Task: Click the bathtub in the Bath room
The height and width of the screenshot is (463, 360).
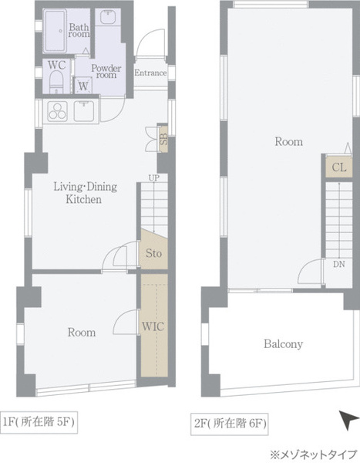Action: (x=55, y=31)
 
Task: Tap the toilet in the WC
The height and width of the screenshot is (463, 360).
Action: (x=56, y=82)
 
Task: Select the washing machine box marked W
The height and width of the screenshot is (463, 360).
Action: (x=83, y=86)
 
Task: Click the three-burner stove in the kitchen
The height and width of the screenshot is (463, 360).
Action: (x=57, y=111)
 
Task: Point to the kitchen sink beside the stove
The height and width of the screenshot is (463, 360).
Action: (x=84, y=111)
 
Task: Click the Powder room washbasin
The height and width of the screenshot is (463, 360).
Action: (x=108, y=17)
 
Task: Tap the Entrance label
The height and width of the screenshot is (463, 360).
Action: (x=150, y=73)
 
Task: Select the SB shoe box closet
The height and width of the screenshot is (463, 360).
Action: (x=163, y=139)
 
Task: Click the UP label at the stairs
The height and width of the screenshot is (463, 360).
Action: (x=153, y=177)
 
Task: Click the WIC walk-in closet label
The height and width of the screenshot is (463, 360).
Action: (x=153, y=326)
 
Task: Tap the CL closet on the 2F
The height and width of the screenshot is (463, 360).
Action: (x=338, y=167)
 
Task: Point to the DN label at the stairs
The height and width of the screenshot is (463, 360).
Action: (x=338, y=264)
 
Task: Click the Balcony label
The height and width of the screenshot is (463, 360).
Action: (x=283, y=344)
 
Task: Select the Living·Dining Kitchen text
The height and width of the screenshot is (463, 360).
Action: (x=86, y=193)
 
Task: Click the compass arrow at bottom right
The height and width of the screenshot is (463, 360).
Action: (x=348, y=419)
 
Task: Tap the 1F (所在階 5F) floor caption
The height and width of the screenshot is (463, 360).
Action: (x=39, y=422)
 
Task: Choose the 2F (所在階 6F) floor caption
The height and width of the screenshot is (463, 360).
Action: (x=229, y=424)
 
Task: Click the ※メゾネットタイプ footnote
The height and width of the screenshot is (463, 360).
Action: (x=314, y=454)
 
